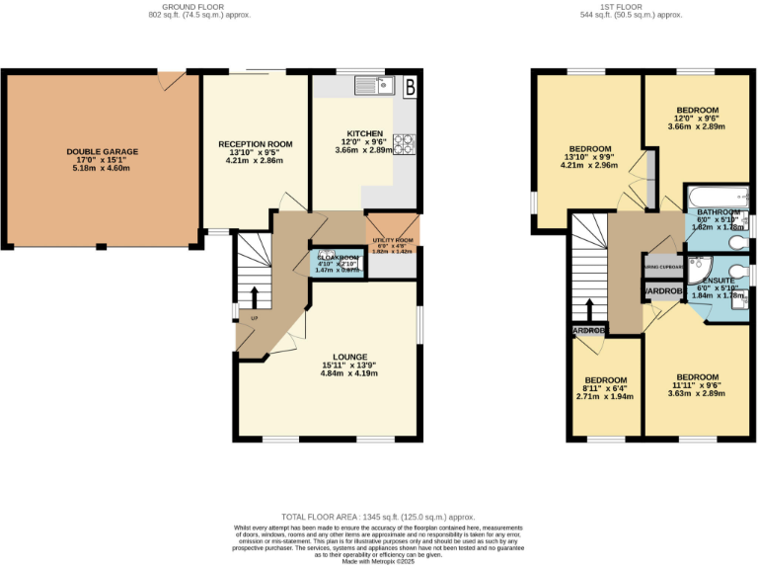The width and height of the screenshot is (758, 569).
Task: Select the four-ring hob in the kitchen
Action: pos(404,144)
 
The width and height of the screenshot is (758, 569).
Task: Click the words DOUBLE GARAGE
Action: pos(103,152)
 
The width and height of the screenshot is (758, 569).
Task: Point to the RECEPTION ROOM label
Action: pos(256,144)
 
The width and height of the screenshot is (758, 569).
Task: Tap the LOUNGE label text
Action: pos(350,357)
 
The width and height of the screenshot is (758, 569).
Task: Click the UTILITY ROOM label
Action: pos(392,241)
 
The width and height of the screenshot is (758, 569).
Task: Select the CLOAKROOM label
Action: pos(337,258)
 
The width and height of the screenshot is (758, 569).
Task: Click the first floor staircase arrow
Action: pos(589,309)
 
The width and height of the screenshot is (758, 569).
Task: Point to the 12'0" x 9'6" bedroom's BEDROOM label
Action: pos(697,110)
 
